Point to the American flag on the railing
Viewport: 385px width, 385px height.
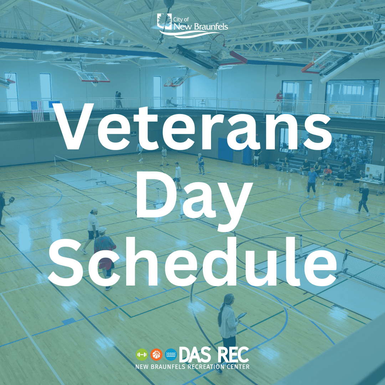[37, 111]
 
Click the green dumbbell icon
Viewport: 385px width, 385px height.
[142, 354]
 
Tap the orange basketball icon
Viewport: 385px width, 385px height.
[156, 354]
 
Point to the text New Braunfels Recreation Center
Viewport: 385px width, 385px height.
[192, 366]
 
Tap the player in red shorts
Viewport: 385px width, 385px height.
[104, 257]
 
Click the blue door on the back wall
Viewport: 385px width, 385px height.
[225, 150]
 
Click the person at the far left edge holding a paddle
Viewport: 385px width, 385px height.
[3, 209]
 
